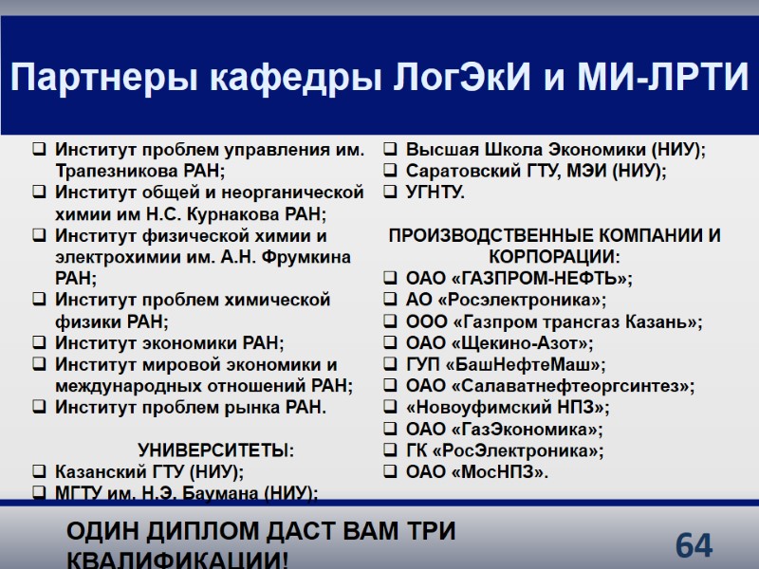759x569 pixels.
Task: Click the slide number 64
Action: point(694,545)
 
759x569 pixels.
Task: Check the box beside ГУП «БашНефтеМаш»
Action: point(391,365)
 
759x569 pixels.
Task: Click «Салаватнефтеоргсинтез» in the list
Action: point(572,386)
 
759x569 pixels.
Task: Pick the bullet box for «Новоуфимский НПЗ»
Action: point(391,408)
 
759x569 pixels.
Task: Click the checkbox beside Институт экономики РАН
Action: point(39,343)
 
